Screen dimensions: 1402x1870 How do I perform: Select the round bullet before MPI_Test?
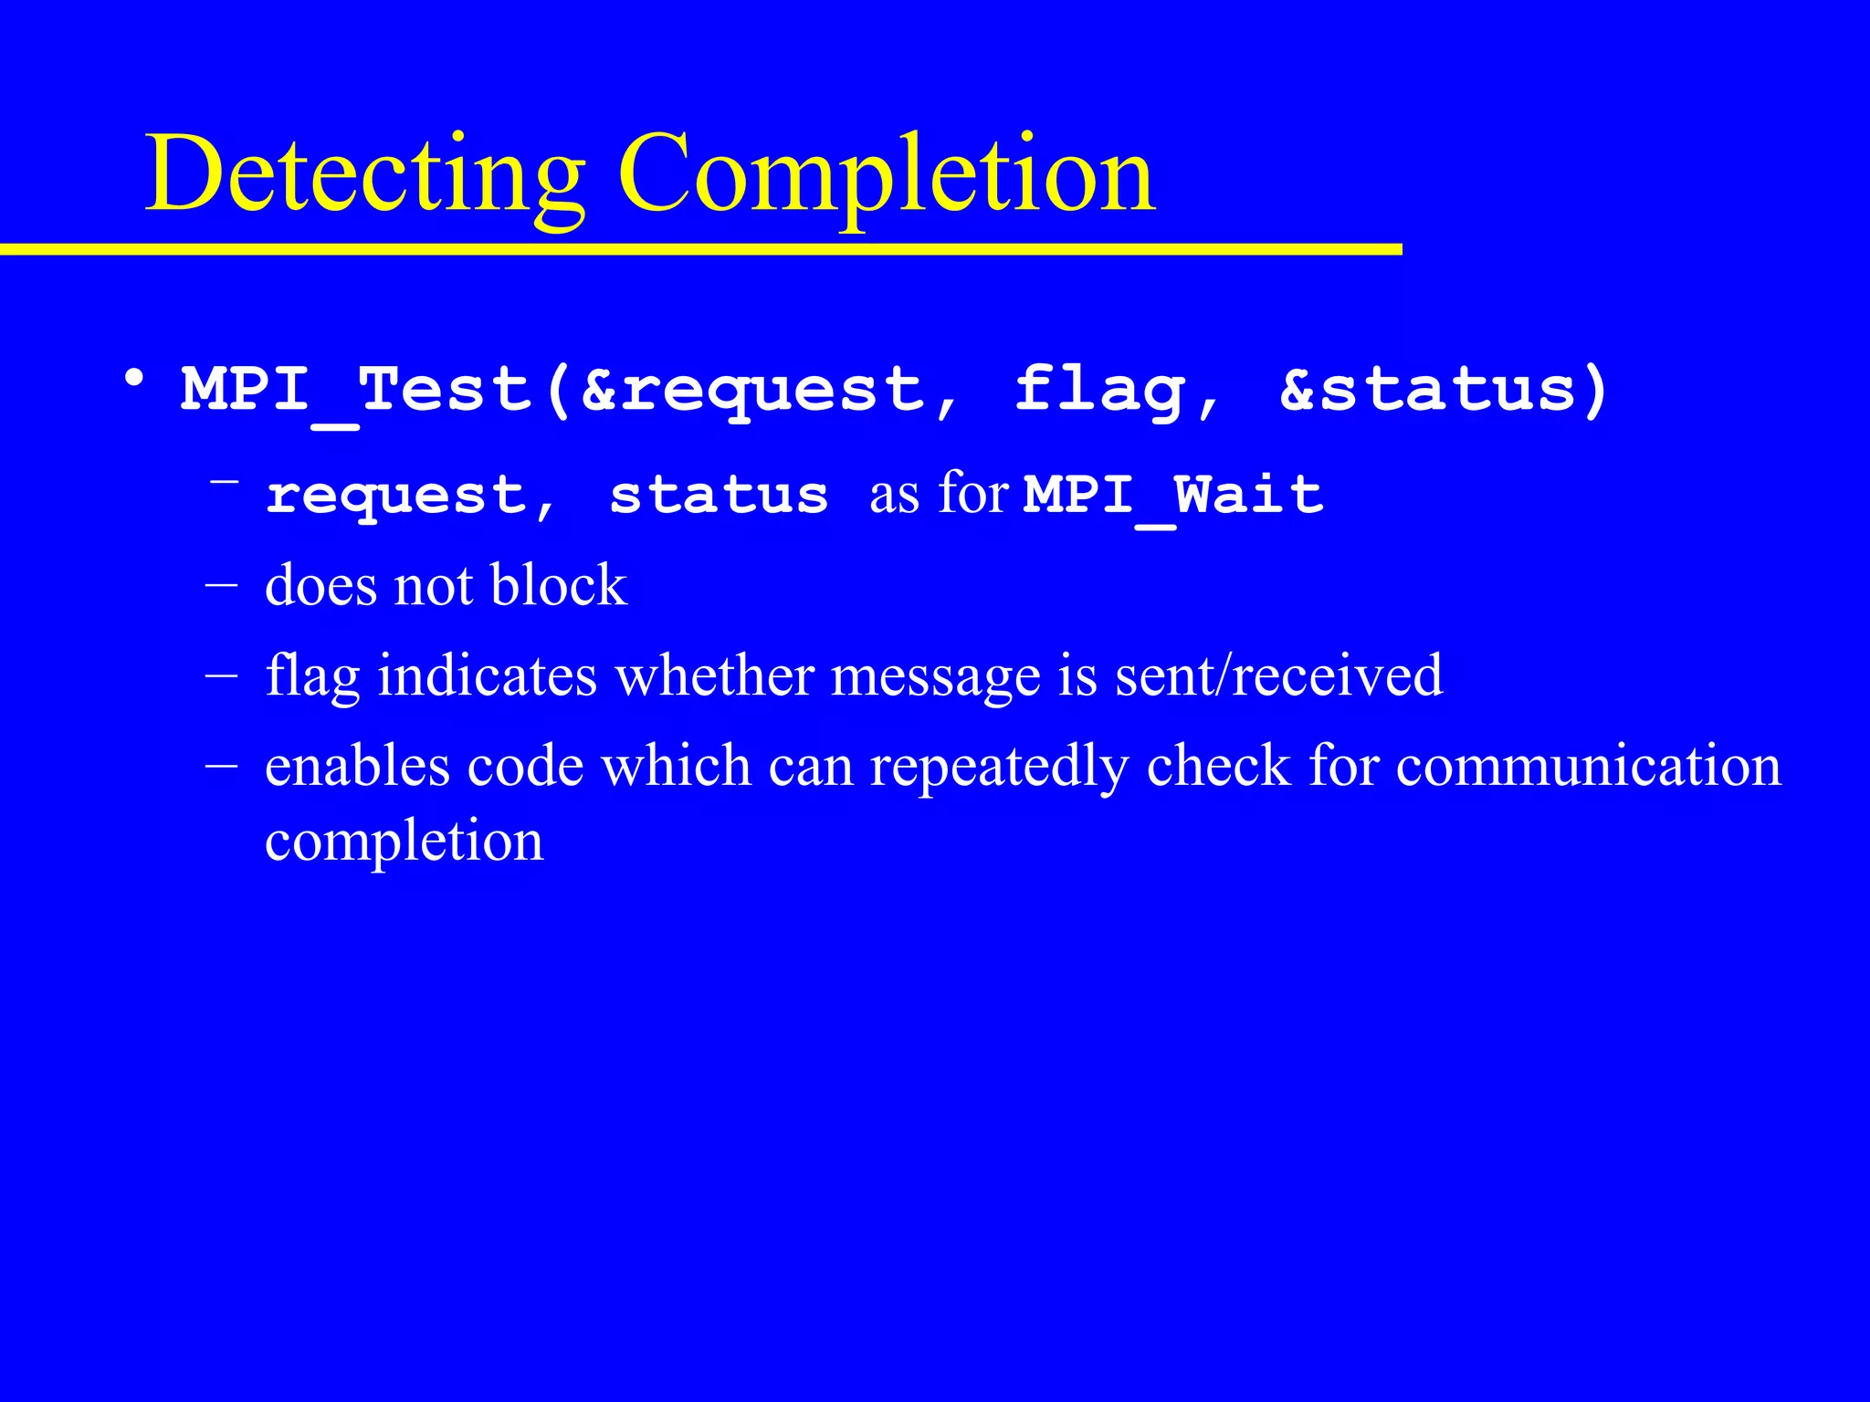(x=134, y=378)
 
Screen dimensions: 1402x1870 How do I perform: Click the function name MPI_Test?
(x=356, y=390)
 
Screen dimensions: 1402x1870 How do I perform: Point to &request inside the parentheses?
(x=753, y=390)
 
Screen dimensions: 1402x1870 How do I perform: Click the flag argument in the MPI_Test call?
(x=1100, y=390)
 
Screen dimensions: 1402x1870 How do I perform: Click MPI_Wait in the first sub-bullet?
(x=1173, y=496)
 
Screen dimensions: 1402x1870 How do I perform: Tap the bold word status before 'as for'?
(x=719, y=496)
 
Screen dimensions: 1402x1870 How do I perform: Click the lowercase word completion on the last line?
(x=404, y=842)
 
